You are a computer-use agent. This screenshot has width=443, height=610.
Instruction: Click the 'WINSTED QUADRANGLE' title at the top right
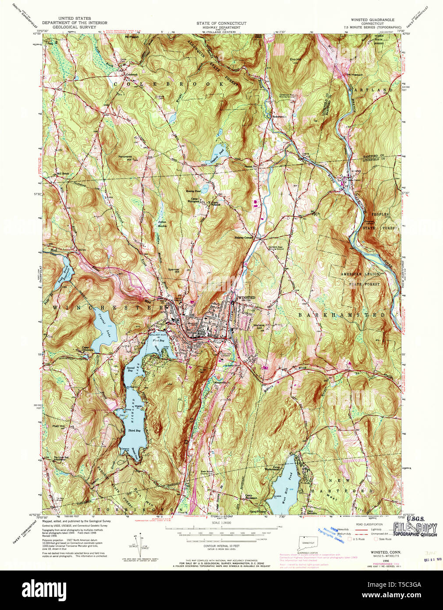(372, 20)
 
